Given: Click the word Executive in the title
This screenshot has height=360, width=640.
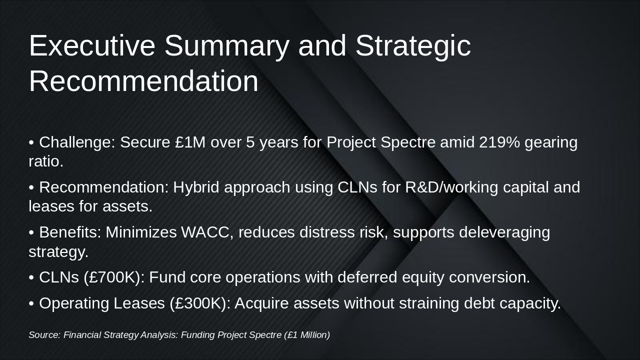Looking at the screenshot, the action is coord(92,45).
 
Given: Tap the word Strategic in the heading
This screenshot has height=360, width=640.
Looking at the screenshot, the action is coord(413,47).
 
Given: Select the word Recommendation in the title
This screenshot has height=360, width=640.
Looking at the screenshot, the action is coord(143,81).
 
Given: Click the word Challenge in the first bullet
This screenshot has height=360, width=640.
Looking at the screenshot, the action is coord(75,143).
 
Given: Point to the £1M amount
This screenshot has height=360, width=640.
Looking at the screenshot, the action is coord(190,142).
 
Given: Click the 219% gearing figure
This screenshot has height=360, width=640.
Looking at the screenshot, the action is coord(499,142).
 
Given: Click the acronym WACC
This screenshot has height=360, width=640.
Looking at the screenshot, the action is coord(205,232).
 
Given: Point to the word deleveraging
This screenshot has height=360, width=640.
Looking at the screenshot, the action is coord(504,233).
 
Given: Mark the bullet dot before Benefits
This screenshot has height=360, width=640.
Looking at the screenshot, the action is coord(31,233).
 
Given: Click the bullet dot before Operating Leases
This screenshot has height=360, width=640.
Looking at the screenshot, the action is coord(31,303).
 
